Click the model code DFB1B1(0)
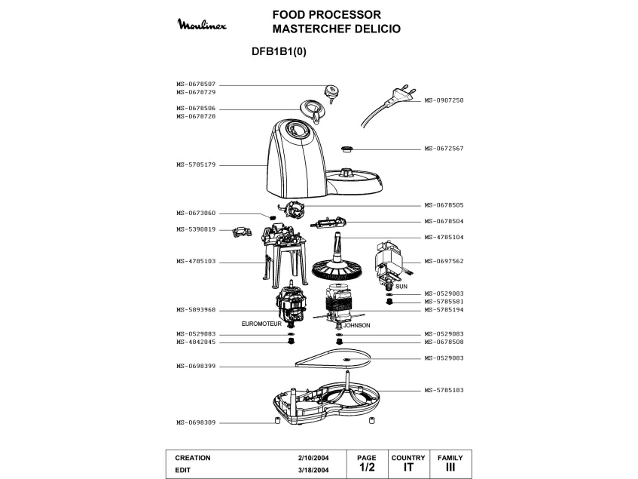tap(278, 52)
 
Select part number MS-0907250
tap(444, 100)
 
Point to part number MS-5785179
tap(196, 164)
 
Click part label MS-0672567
tap(444, 149)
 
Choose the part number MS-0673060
tap(196, 213)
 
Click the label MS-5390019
tap(196, 229)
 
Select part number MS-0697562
tap(444, 261)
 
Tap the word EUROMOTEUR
tap(261, 324)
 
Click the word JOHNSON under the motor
tap(357, 325)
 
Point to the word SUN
tap(401, 287)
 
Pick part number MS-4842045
tap(196, 342)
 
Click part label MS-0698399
tap(196, 367)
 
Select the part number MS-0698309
tap(196, 422)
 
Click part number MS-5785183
tap(444, 390)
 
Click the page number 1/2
tap(366, 468)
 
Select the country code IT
tap(408, 468)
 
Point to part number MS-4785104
tap(444, 237)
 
